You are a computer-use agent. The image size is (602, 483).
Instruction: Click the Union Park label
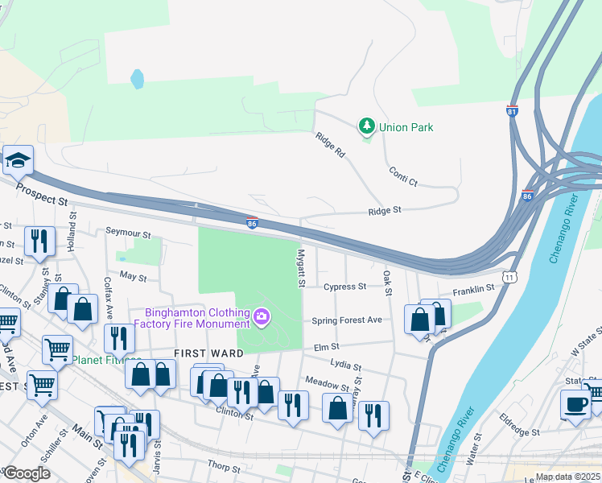(406, 127)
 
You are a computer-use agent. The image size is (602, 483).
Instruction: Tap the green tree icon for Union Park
(366, 126)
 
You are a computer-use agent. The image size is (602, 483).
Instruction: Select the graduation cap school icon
(16, 160)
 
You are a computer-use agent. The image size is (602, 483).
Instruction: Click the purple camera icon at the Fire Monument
(261, 318)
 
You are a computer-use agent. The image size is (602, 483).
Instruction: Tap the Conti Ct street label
(402, 175)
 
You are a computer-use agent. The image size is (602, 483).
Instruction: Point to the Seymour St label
(129, 233)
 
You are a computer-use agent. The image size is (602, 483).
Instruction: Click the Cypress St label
(344, 286)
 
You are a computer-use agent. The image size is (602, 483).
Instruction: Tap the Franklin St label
(472, 289)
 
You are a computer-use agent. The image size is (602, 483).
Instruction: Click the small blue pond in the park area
(138, 79)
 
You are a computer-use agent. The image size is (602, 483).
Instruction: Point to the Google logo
(27, 473)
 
